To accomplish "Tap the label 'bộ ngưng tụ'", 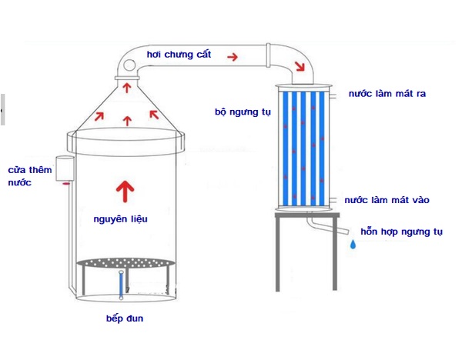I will (243, 111).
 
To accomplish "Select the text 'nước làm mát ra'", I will (387, 93).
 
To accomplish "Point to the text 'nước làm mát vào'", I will (387, 200).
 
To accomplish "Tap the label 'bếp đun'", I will (124, 318).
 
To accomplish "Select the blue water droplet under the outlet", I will (353, 244).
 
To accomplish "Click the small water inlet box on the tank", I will (63, 169).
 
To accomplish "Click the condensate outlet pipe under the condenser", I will (323, 226).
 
